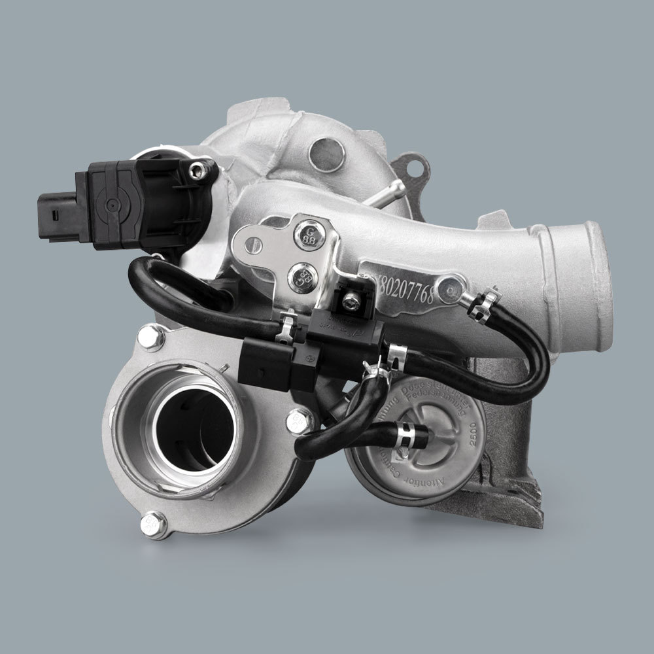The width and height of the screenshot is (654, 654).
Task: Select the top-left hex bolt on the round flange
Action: coord(150,338)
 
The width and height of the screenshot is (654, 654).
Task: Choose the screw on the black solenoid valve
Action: coord(352,300)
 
